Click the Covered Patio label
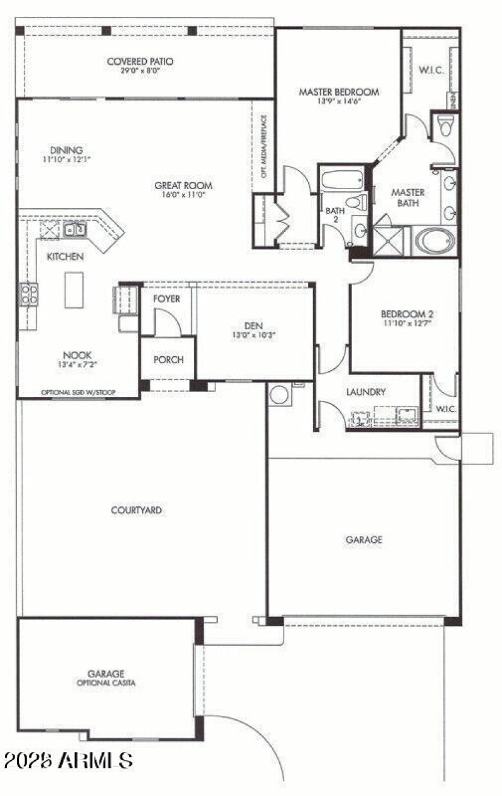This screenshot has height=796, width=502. click(x=140, y=62)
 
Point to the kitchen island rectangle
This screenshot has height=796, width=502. click(x=73, y=290)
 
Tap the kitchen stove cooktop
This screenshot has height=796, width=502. click(x=29, y=294)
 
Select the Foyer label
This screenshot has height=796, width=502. click(x=166, y=298)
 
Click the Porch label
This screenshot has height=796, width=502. click(x=168, y=359)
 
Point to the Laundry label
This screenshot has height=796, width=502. click(x=365, y=392)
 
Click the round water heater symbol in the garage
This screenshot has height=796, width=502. click(x=279, y=395)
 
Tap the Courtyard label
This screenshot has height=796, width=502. click(x=136, y=510)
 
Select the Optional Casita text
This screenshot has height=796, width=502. click(x=107, y=682)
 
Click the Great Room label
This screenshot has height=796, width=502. click(x=183, y=185)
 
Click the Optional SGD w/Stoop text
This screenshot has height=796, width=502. click(x=79, y=393)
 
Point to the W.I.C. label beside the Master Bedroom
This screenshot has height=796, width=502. click(x=430, y=70)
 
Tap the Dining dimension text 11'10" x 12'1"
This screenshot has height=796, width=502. click(x=67, y=160)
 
